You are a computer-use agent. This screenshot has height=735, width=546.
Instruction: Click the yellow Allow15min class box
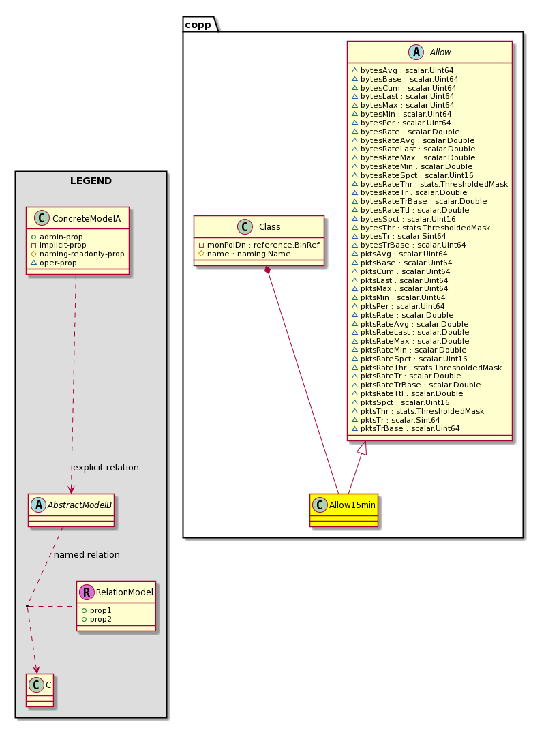[344, 510]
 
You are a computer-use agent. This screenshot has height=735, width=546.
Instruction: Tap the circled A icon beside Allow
[416, 52]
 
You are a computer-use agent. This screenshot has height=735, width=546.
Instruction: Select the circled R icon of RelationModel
[87, 592]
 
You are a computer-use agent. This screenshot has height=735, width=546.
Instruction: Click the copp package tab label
[198, 25]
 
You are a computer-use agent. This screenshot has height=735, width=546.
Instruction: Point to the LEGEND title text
[91, 181]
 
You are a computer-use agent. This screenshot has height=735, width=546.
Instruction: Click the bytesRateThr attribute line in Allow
[429, 184]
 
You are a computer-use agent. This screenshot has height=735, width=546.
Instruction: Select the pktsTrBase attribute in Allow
[406, 428]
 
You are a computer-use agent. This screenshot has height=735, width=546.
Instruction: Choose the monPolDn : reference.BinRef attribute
[259, 245]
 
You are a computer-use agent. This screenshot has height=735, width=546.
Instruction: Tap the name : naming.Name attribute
[245, 254]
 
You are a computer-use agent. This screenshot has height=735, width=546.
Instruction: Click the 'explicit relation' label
[106, 467]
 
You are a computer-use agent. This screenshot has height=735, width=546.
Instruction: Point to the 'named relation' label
[87, 554]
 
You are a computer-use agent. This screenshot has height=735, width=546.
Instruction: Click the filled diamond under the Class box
[268, 270]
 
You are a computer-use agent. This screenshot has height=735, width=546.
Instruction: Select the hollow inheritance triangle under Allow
[362, 448]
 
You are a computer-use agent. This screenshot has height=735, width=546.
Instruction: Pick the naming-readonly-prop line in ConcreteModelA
[78, 254]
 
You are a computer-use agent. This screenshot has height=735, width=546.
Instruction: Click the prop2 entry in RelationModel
[97, 619]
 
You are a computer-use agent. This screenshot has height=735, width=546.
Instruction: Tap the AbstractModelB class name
[80, 505]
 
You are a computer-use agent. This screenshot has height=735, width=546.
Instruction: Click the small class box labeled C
[40, 690]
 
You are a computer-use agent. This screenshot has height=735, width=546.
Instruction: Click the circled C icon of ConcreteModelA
[42, 218]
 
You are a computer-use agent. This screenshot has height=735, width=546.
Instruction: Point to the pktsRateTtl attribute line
[407, 394]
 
